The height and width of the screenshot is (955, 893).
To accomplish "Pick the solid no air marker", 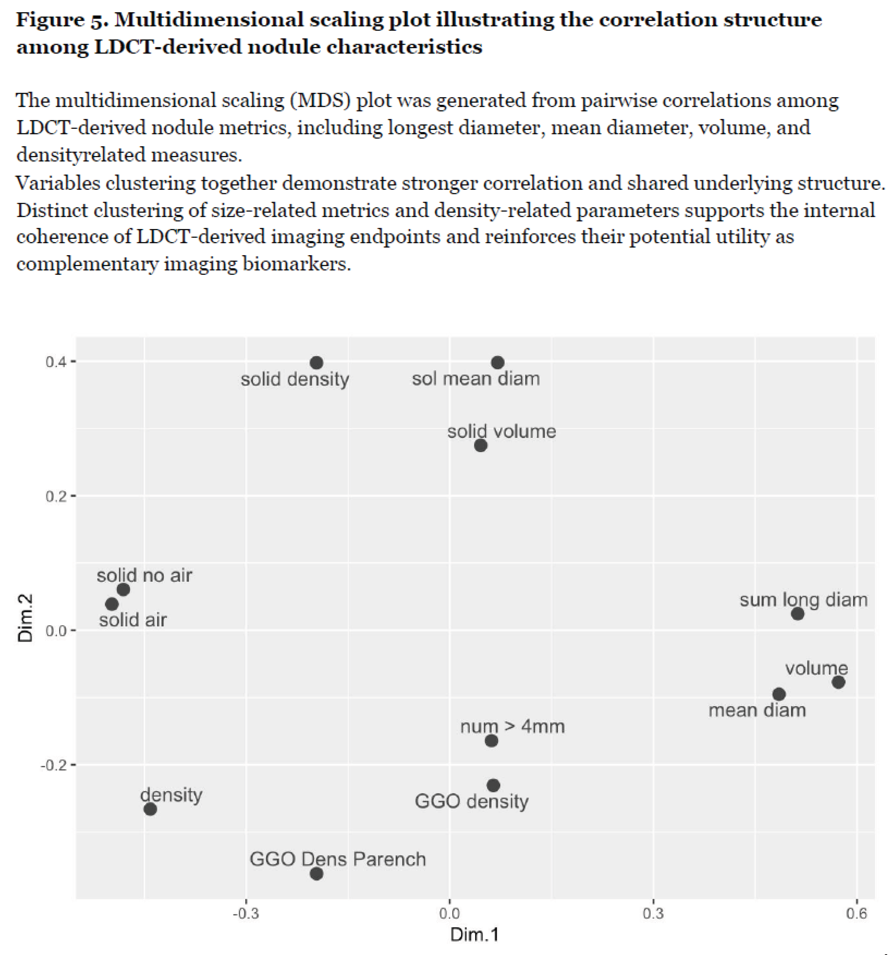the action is click(123, 590).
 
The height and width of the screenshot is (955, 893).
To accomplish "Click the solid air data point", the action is click(112, 604).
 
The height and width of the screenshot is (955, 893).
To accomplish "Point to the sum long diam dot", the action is click(797, 614).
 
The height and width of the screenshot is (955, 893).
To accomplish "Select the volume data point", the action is click(838, 682).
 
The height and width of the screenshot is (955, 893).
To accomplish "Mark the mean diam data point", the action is click(779, 694).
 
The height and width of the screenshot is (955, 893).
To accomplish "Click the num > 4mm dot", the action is click(491, 740).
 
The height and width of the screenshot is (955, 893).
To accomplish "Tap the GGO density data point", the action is click(494, 785).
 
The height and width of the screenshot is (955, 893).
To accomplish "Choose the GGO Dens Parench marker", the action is click(316, 873).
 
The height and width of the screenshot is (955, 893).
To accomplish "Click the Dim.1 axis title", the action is click(474, 935).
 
